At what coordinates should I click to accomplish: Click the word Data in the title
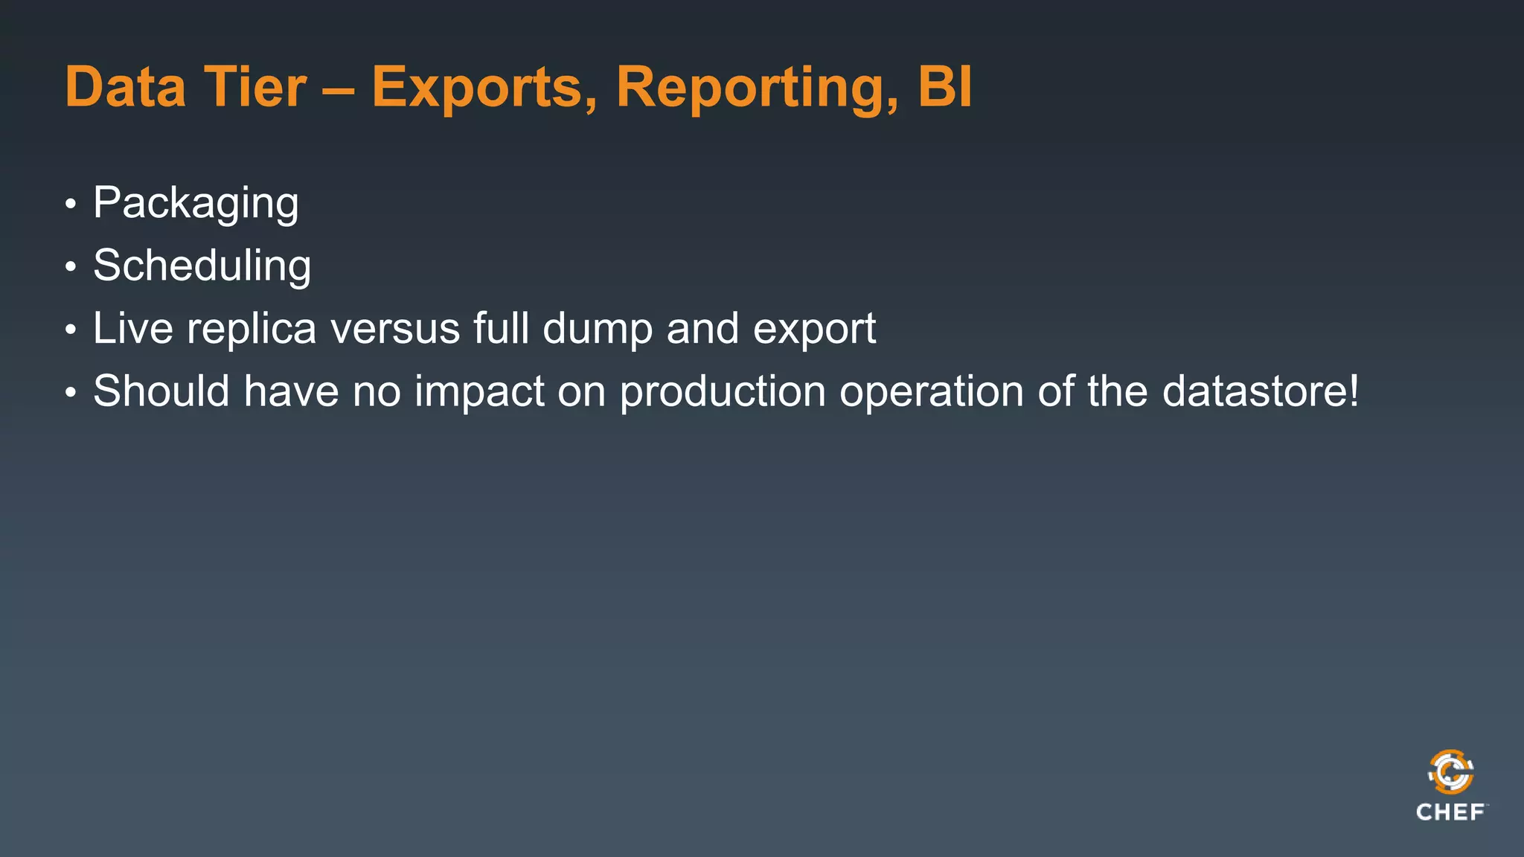pos(125,87)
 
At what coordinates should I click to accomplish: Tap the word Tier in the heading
pos(254,87)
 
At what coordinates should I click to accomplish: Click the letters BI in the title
pos(944,87)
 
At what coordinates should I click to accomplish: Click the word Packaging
pos(196,203)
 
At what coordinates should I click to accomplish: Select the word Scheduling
pos(202,266)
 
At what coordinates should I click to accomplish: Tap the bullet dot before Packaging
pos(71,205)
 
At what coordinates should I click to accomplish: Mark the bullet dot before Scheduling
pos(71,267)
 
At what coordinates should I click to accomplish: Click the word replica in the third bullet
pos(252,330)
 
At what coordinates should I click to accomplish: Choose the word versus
pos(395,330)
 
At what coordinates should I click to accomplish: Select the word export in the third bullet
pos(814,330)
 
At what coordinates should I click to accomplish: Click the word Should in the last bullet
pos(161,391)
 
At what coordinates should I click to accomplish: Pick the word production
pos(723,391)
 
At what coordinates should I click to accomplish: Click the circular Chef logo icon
pos(1450,772)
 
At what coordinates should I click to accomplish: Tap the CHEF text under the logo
pos(1450,812)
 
